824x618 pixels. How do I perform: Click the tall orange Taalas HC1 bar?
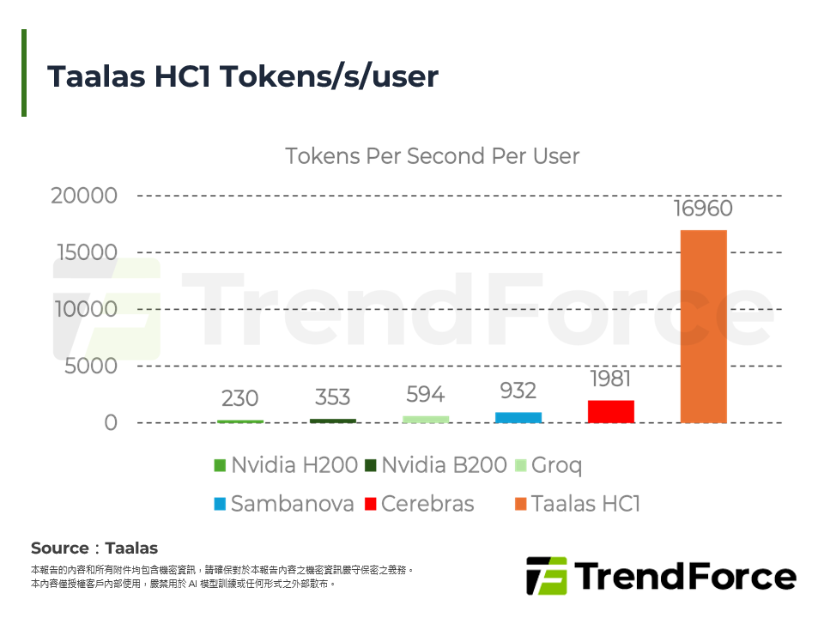pos(703,326)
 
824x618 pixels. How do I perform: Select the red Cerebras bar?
pos(610,411)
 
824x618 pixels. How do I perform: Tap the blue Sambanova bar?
pos(518,417)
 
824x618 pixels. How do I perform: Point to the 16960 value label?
pos(703,209)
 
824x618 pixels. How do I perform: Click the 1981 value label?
pos(610,379)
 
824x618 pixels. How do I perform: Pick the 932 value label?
pos(518,391)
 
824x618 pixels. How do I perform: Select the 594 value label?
pos(425,395)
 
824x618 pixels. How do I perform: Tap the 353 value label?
pos(332,397)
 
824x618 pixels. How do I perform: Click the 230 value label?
pos(239,399)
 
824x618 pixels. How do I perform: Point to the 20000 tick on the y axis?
pos(84,196)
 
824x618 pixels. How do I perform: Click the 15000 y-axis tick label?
pos(84,252)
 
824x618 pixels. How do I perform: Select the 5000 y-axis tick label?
pos(90,367)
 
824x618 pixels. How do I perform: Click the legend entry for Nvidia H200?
pos(286,466)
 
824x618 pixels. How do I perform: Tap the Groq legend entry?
pos(548,466)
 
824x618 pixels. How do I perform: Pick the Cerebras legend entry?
pos(419,504)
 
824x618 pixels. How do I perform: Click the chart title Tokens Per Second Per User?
pos(432,156)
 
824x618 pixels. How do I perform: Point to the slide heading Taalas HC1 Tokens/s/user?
pos(243,76)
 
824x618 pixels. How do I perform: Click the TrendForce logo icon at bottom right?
pos(546,576)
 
